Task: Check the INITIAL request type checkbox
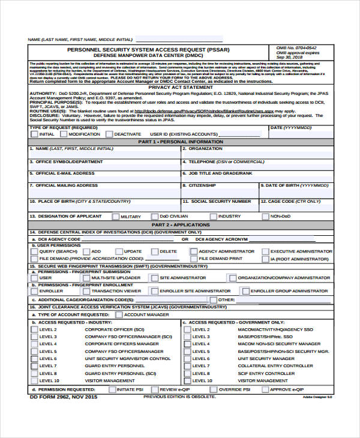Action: coord(34,134)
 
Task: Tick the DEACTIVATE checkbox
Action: coord(108,134)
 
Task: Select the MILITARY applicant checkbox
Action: coord(115,216)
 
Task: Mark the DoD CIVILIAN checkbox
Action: coord(154,216)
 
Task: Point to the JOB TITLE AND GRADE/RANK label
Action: coord(220,173)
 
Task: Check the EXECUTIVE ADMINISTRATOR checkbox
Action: coord(265,251)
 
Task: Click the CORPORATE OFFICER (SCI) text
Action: coord(115,329)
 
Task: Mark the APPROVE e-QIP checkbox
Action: coord(264,389)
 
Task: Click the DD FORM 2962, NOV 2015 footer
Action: coord(62,397)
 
